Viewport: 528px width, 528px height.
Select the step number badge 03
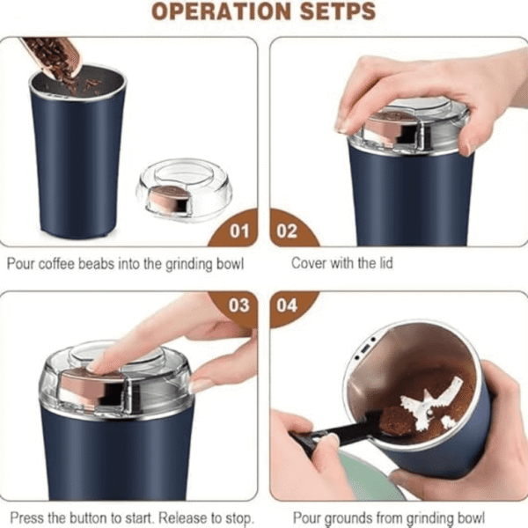239,305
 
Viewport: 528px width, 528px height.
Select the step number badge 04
287,305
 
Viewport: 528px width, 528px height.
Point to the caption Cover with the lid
341,263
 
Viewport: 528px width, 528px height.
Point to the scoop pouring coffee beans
53,57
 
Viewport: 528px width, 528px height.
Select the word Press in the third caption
26,517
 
